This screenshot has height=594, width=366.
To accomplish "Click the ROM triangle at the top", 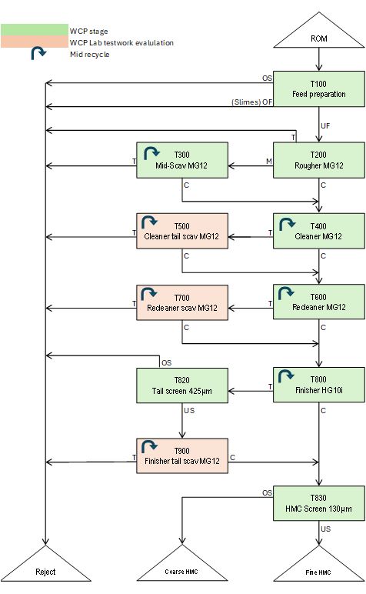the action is pyautogui.click(x=318, y=34).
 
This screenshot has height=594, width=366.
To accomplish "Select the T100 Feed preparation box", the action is pyautogui.click(x=318, y=89).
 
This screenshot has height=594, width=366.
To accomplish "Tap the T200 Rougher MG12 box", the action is pyautogui.click(x=318, y=160).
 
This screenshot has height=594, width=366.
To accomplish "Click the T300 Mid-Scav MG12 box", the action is pyautogui.click(x=182, y=160).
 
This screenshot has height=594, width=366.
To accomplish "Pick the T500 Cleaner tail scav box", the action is pyautogui.click(x=182, y=231).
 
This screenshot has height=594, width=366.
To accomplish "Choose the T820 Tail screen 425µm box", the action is pyautogui.click(x=182, y=385).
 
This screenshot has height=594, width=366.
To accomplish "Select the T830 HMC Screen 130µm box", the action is pyautogui.click(x=318, y=503).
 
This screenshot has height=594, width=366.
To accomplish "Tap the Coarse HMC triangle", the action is pyautogui.click(x=182, y=567).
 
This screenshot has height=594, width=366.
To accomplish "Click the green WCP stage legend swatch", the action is pyautogui.click(x=35, y=30).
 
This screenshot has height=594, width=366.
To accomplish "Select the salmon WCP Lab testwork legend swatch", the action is pyautogui.click(x=35, y=42).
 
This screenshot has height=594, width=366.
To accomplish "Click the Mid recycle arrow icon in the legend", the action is pyautogui.click(x=38, y=53).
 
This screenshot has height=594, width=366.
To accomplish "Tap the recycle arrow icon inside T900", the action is pyautogui.click(x=149, y=446).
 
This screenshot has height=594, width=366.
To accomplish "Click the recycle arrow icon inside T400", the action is pyautogui.click(x=287, y=224).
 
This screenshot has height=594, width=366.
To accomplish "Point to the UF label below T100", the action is pyautogui.click(x=325, y=125).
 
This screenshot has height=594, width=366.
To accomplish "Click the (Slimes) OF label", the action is pyautogui.click(x=251, y=102).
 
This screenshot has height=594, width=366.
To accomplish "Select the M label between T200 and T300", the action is pyautogui.click(x=268, y=162).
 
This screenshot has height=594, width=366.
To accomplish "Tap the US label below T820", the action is pyautogui.click(x=189, y=411).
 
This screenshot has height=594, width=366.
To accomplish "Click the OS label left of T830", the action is pyautogui.click(x=268, y=492).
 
